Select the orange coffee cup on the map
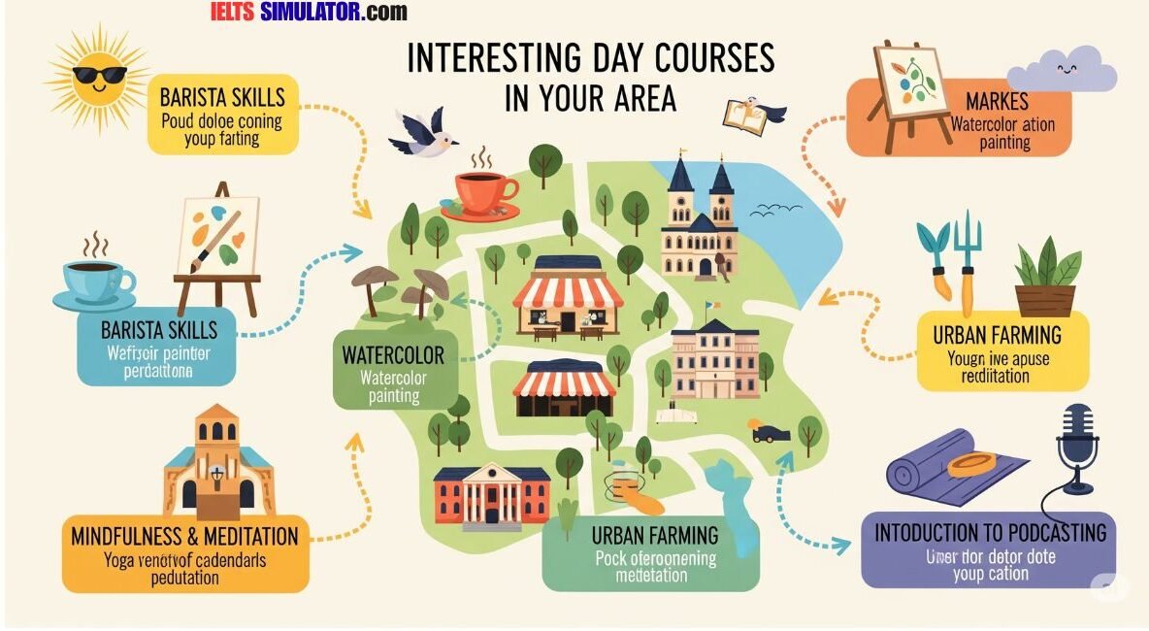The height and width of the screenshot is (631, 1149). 482,190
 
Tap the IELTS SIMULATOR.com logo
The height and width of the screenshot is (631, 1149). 309,12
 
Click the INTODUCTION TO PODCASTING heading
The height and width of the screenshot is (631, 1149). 990,533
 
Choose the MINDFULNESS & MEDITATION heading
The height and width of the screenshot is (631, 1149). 184,536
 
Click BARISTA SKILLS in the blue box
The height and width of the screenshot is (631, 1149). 159,327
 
